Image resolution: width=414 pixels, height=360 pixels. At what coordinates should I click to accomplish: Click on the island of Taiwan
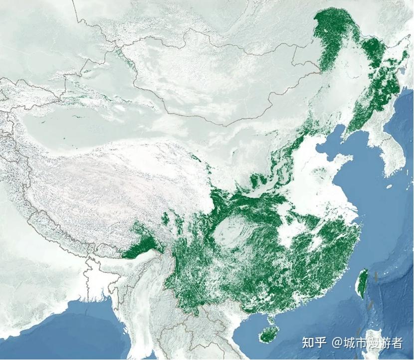pyautogui.click(x=362, y=283)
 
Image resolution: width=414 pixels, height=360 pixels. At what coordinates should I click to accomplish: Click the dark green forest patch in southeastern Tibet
pyautogui.click(x=142, y=245)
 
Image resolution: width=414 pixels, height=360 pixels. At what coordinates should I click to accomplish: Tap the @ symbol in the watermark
pyautogui.click(x=337, y=343)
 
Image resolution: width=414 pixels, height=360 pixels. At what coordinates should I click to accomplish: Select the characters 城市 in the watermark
pyautogui.click(x=355, y=343)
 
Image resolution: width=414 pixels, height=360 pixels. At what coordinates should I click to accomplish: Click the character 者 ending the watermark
pyautogui.click(x=396, y=343)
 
